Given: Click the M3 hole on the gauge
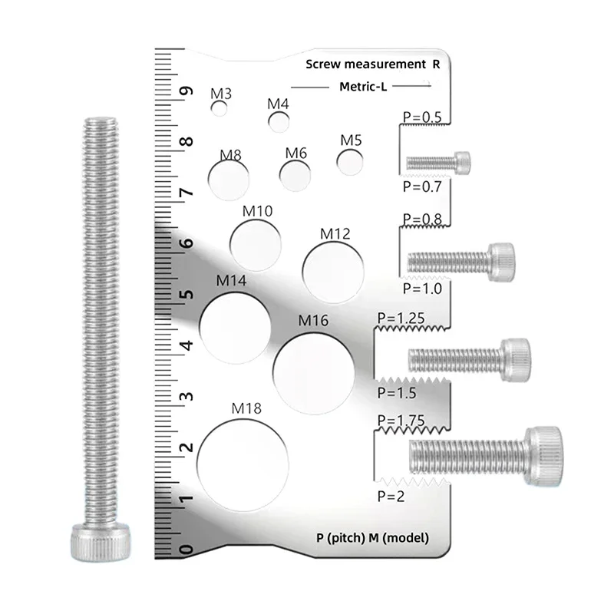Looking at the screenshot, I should pos(220,109).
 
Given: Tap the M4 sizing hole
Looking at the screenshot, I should pos(279,120).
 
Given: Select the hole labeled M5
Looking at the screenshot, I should pos(351,160).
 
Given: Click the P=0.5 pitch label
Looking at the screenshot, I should pos(422,117).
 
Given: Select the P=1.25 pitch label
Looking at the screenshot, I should pos(401,316).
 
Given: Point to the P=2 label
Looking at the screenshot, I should pos(392,497).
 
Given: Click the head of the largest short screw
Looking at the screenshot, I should pos(545,451).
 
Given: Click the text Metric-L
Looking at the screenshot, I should pos(363,87).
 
